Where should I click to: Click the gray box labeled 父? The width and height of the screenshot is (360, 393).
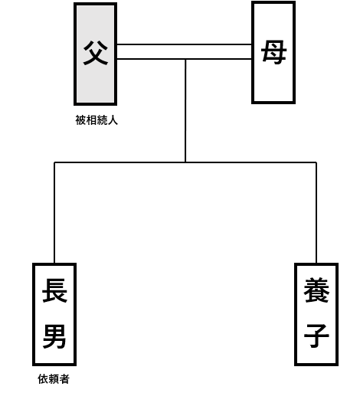pos(95,54)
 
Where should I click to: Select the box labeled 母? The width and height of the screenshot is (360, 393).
pos(273,53)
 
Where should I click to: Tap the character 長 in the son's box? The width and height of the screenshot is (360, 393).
pos(54,290)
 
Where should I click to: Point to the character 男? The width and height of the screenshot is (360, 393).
pos(54,336)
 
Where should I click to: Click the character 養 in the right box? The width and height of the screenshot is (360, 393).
pos(316,290)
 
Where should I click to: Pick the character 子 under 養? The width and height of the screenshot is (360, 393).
pos(316,336)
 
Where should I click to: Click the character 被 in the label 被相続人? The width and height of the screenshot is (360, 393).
pos(80,120)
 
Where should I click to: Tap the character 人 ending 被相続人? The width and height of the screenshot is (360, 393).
pos(113,120)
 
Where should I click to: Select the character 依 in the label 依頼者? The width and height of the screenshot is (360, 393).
pos(43,379)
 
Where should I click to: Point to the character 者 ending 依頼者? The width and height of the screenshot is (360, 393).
pos(64,379)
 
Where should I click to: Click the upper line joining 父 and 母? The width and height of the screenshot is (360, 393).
pos(185,44)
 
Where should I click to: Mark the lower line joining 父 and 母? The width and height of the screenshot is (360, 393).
pos(185,59)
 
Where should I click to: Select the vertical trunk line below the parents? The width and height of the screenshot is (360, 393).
pos(185,110)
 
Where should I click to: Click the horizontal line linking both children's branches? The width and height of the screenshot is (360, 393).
pos(185,162)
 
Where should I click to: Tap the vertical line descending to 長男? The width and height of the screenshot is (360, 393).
pos(54,213)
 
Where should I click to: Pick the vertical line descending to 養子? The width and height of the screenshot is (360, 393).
pos(316,213)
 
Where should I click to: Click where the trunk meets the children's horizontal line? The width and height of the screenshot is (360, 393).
pos(185,162)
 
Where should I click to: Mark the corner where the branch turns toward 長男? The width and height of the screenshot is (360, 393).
pos(54,162)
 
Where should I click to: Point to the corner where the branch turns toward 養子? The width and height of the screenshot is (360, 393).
pos(316,162)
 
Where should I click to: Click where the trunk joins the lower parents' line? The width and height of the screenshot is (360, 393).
pos(185,59)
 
